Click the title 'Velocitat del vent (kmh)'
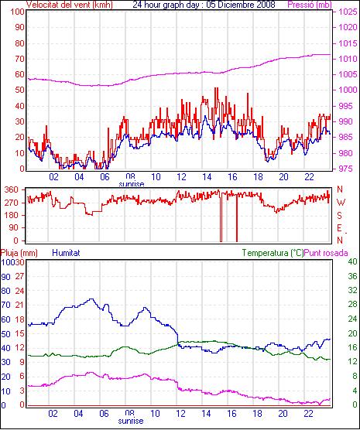coord(70,5)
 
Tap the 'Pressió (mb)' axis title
coord(310,5)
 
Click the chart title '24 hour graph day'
coord(164,5)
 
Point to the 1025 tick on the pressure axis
coord(348,12)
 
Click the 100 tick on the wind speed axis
coord(17,12)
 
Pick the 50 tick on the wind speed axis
coord(19,90)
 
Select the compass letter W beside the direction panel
coord(341,203)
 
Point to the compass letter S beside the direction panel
coord(339,216)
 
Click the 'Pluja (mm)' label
coord(19,253)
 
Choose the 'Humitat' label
coord(66,253)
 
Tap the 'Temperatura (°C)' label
coord(273,253)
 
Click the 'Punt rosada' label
coord(326,253)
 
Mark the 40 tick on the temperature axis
coord(352,261)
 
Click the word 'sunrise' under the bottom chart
coord(131,421)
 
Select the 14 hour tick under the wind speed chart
coord(207,177)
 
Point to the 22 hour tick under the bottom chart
coord(308,413)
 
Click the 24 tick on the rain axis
coord(20,291)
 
